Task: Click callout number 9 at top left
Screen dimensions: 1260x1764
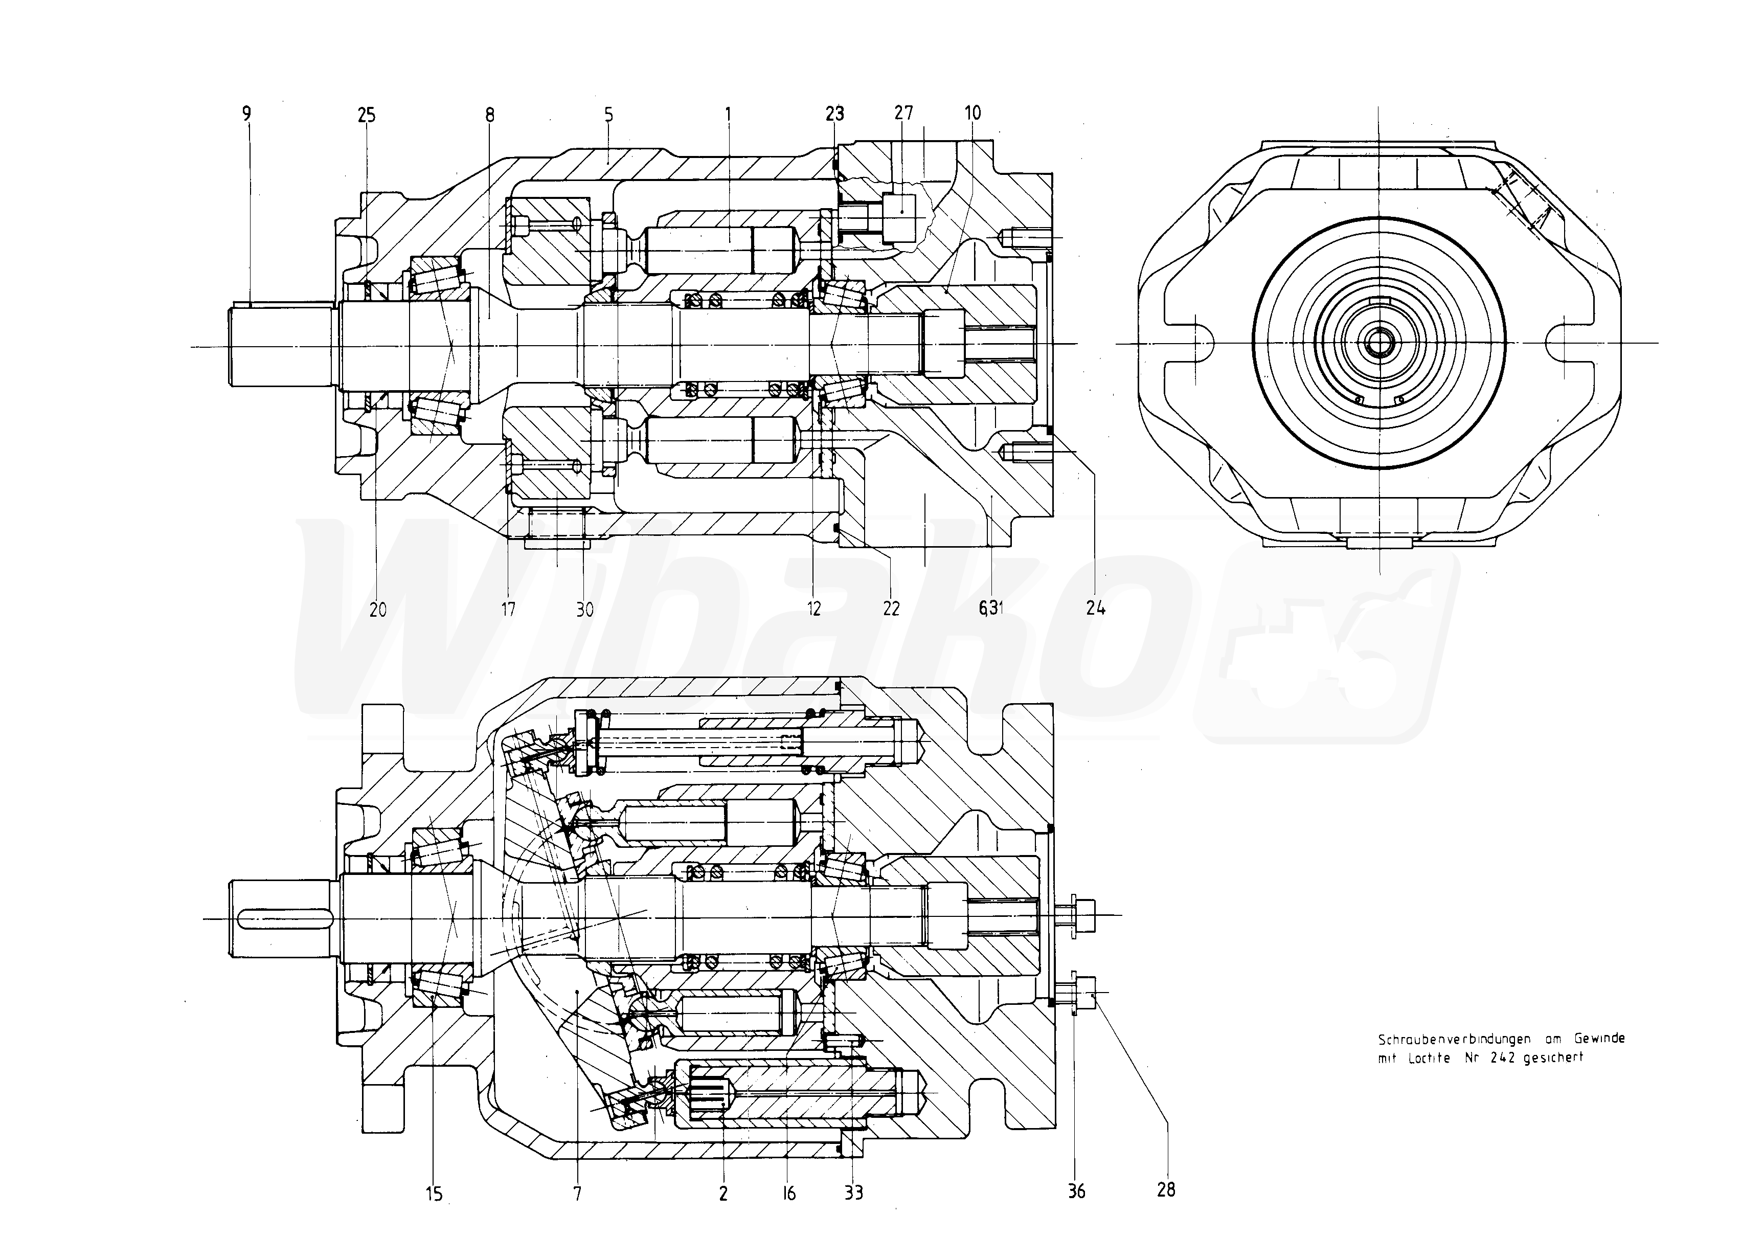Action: point(246,114)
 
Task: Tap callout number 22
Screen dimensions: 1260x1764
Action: point(891,609)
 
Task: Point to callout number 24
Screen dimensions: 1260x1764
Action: point(1095,609)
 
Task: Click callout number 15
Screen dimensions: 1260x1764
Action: point(435,1194)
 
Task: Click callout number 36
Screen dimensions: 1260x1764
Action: point(1077,1191)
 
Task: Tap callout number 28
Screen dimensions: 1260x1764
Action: point(1166,1190)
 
